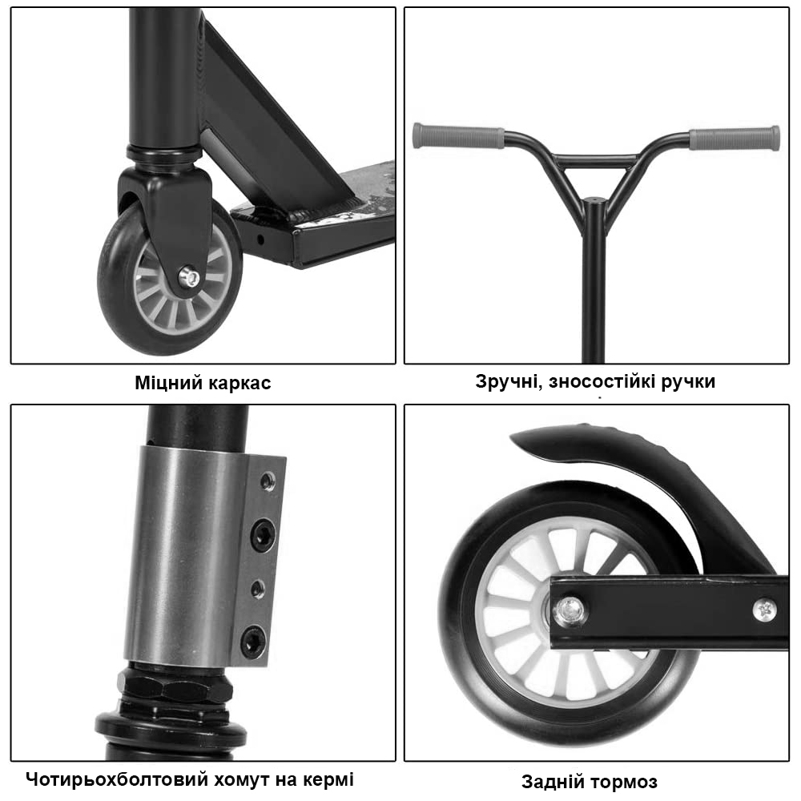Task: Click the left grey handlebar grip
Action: [458, 136]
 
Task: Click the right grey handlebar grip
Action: [735, 139]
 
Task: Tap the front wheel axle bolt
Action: [191, 277]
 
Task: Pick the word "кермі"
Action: [328, 780]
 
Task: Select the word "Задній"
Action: [552, 782]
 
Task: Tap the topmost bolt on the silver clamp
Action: [268, 481]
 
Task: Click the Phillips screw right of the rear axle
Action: [765, 610]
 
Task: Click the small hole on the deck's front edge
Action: [260, 239]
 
